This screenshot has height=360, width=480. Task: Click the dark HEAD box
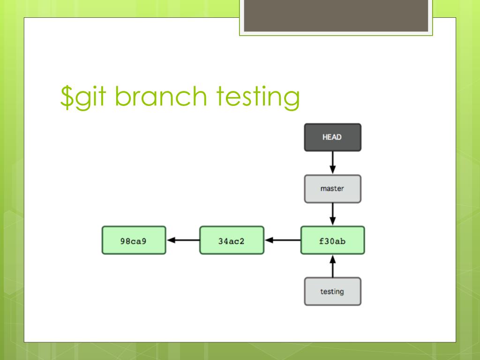tap(332, 137)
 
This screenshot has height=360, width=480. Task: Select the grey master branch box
tap(332, 189)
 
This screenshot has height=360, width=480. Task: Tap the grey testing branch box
tap(332, 292)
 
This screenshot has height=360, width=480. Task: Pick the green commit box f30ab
tap(332, 240)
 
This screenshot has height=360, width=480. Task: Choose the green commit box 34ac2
tap(232, 240)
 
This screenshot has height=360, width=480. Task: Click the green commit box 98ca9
tap(134, 240)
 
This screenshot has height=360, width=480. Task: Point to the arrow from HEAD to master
tap(333, 163)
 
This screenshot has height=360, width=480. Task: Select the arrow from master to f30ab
tap(333, 214)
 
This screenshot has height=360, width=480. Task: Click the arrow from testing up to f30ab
tap(333, 266)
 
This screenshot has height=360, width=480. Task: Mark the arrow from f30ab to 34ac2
tap(283, 240)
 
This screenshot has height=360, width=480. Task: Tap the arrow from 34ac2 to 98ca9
tap(183, 240)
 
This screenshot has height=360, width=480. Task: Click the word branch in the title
tap(161, 96)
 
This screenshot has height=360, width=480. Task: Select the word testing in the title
tap(258, 97)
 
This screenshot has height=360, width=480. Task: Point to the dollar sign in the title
tap(67, 97)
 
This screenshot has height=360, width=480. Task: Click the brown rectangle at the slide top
tap(336, 15)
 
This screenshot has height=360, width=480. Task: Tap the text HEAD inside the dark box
tap(332, 137)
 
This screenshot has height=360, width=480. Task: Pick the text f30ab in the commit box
tap(332, 241)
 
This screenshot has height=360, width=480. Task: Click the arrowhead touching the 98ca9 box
tap(171, 240)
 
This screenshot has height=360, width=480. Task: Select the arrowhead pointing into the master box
tap(333, 170)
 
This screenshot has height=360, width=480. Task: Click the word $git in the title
tap(83, 97)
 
